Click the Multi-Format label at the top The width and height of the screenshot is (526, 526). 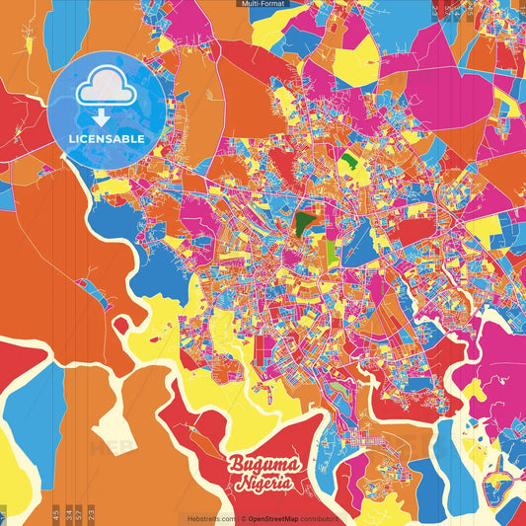coord(263,4)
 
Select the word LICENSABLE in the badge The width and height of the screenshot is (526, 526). coord(107,139)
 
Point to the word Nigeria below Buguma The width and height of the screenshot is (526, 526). coord(263,483)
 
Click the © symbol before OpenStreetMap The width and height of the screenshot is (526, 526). coord(242,518)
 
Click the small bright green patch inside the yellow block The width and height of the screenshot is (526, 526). coord(349,157)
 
